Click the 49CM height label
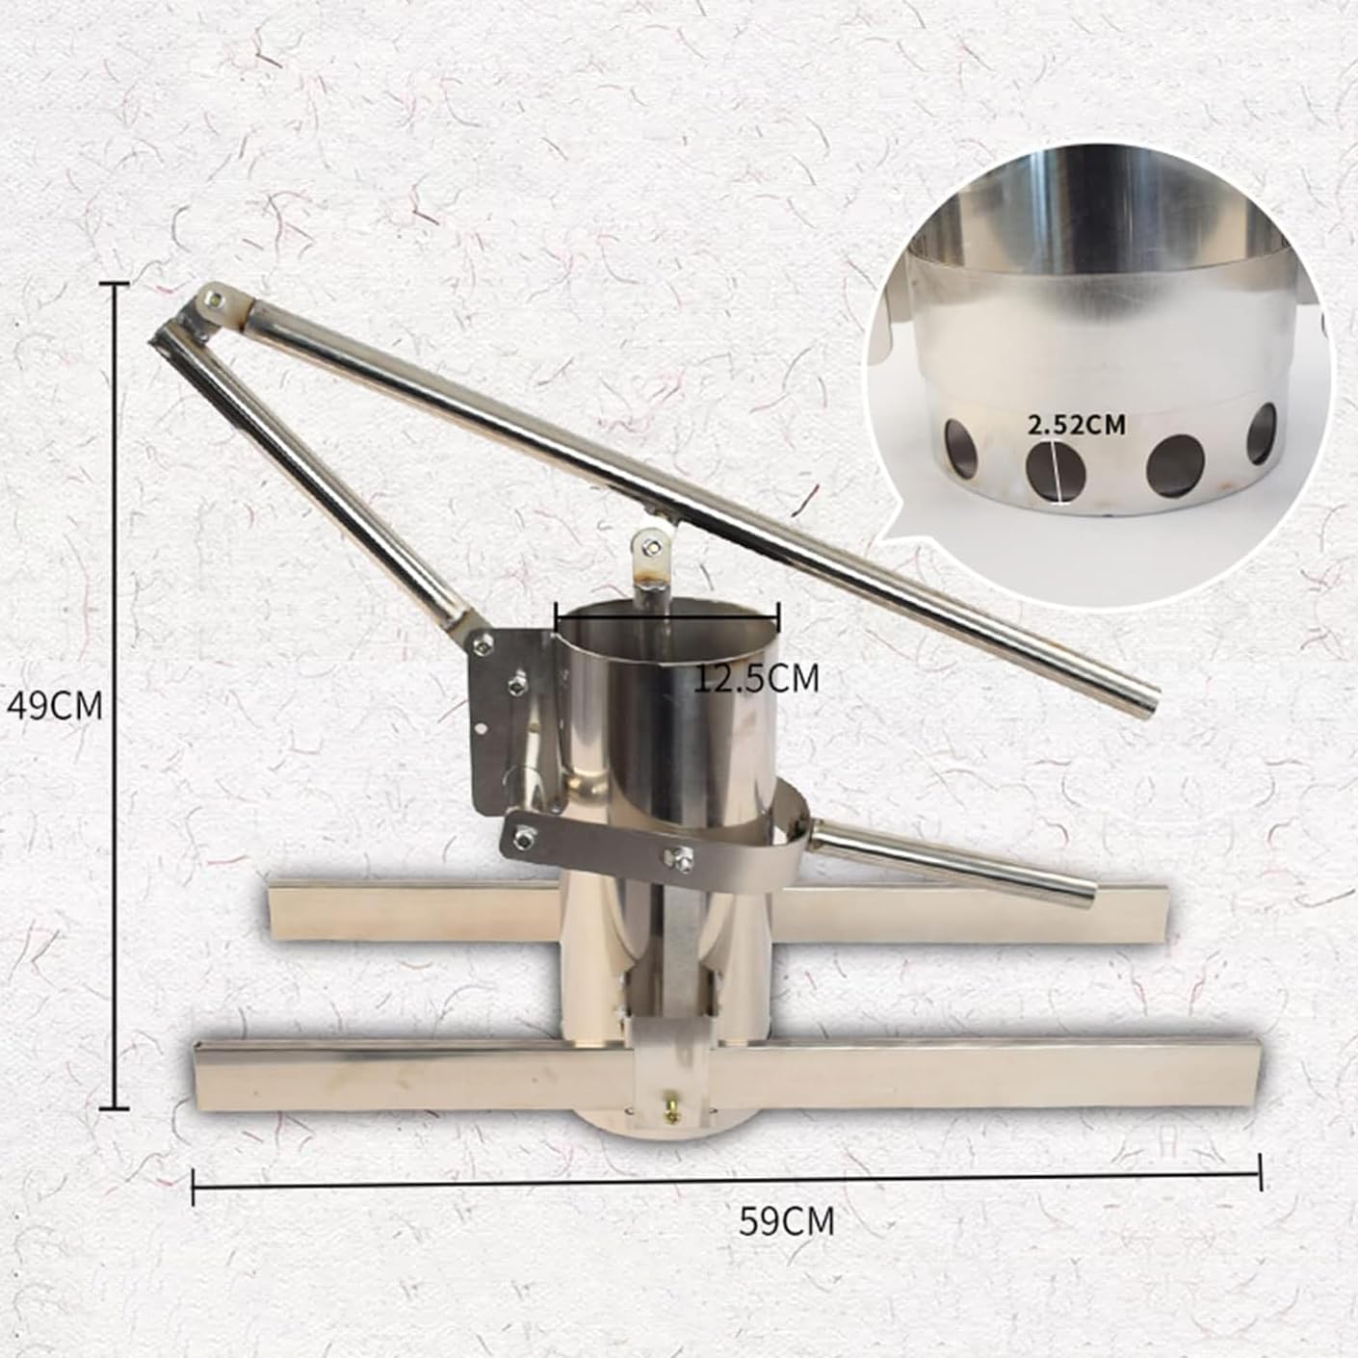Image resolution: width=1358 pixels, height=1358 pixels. click(x=54, y=706)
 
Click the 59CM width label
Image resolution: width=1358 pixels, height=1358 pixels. click(x=787, y=1221)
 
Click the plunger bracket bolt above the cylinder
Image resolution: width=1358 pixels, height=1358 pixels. click(x=656, y=547)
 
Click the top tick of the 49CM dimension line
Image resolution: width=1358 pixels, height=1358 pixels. click(x=116, y=285)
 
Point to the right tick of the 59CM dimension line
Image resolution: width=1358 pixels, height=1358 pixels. click(x=1259, y=1171)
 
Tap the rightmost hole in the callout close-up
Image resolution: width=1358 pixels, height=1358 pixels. click(x=1263, y=431)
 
